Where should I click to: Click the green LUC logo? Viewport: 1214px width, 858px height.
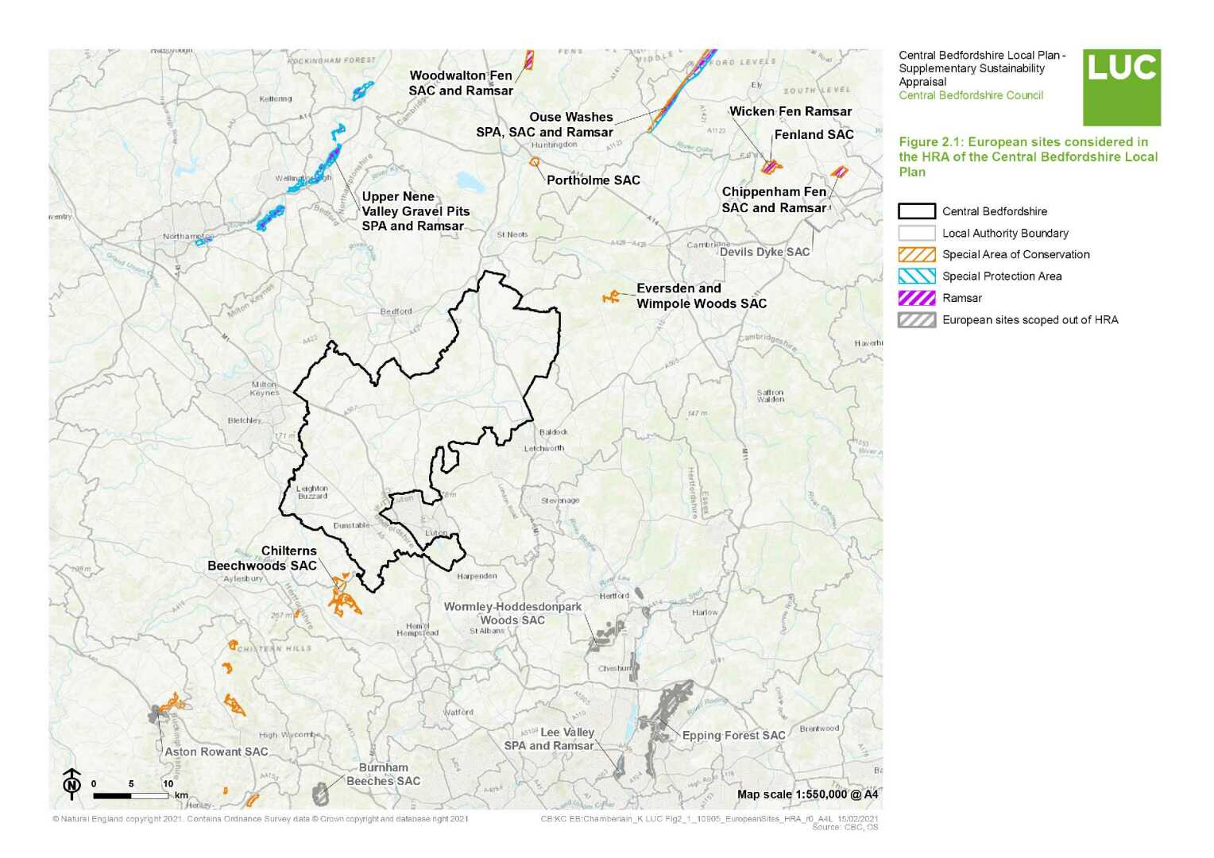(1121, 87)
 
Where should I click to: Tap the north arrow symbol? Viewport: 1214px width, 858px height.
(72, 783)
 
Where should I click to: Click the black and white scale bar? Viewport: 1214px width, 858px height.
(130, 794)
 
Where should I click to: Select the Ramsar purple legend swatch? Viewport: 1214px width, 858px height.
(916, 298)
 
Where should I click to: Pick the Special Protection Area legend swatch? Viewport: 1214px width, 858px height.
(916, 276)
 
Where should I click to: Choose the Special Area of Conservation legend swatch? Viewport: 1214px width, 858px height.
(916, 254)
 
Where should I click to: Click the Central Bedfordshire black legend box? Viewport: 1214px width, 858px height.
(916, 211)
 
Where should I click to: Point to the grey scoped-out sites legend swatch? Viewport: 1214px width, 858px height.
(916, 320)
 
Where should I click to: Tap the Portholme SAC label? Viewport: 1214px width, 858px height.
(593, 180)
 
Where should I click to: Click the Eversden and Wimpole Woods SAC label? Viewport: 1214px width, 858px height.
(701, 296)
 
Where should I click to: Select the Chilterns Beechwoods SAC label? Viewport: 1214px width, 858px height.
(262, 558)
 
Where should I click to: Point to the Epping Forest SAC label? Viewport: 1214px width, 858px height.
(733, 736)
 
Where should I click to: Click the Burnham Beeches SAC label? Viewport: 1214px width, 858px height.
(383, 775)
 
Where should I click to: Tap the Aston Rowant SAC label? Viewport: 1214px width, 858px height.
(216, 752)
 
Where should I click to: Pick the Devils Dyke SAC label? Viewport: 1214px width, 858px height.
(764, 252)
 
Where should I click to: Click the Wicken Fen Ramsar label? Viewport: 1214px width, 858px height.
(790, 112)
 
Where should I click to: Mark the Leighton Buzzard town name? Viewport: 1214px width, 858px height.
(311, 493)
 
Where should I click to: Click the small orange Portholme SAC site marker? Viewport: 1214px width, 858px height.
(535, 162)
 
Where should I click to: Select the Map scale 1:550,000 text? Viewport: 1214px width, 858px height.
(807, 794)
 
